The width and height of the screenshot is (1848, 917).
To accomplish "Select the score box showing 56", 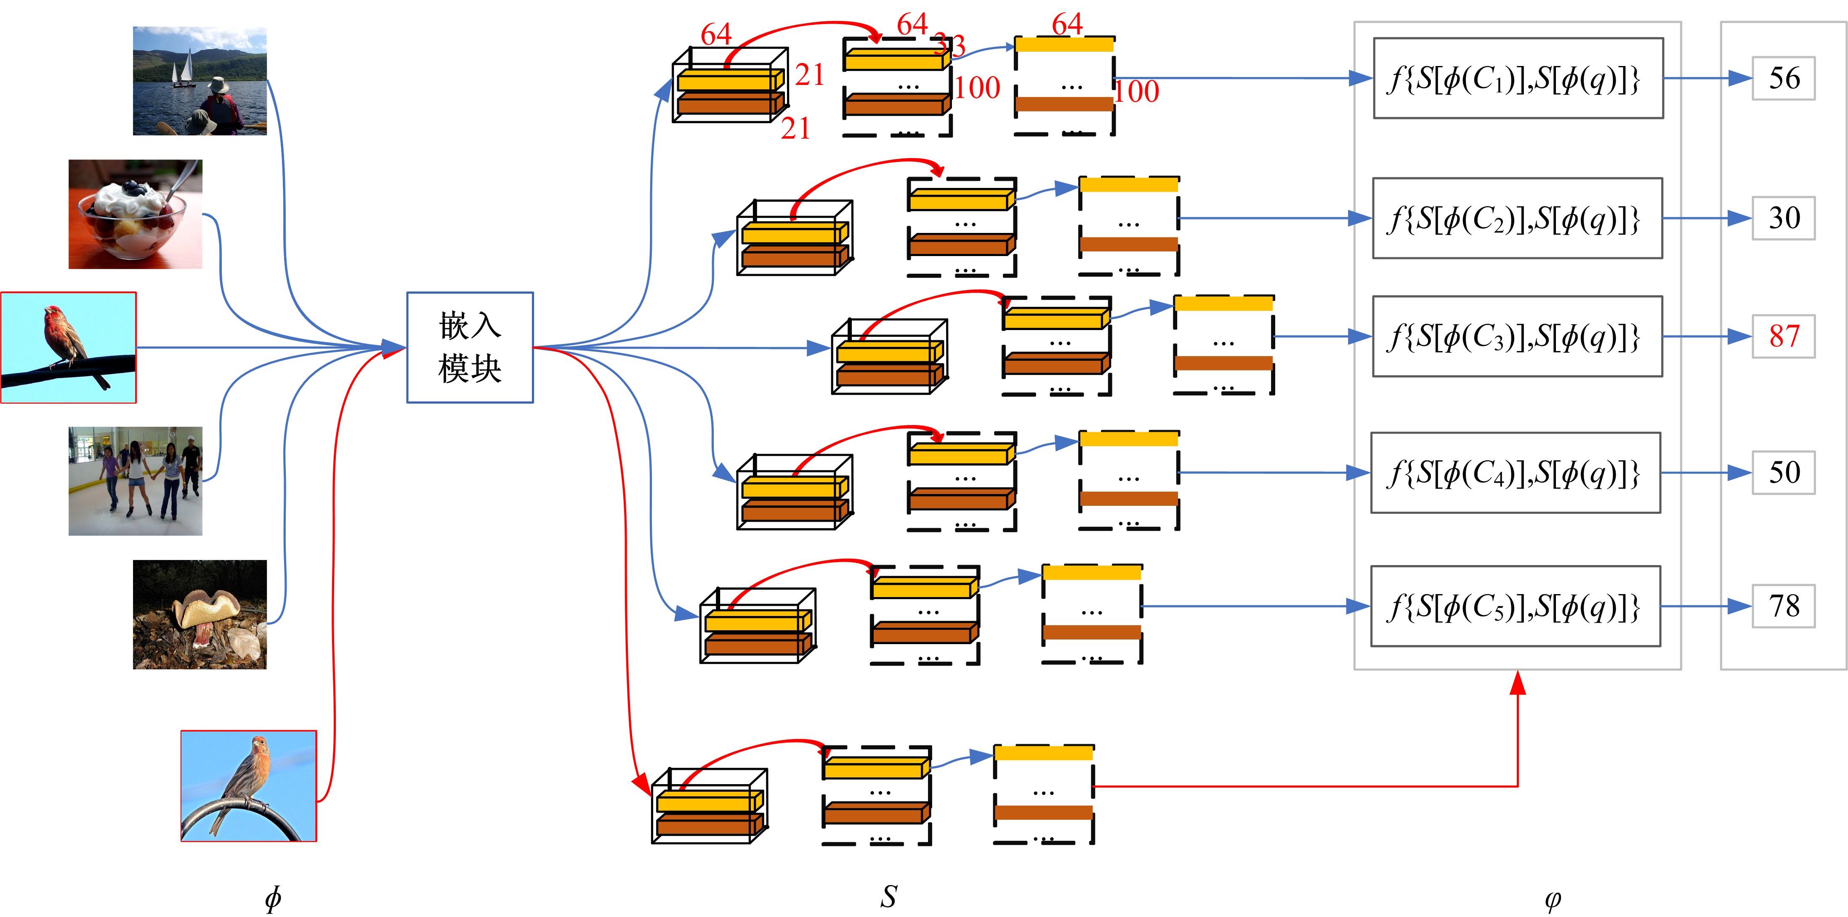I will coord(1784,78).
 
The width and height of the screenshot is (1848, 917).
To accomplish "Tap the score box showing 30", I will coord(1784,218).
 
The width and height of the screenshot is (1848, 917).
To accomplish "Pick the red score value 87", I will coord(1784,336).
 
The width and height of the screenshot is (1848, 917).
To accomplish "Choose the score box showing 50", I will coord(1784,473).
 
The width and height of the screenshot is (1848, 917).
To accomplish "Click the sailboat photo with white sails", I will coord(199,81).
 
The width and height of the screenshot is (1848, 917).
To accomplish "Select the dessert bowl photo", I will coord(135,214).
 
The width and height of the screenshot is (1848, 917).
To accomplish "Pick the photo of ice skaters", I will coord(135,481).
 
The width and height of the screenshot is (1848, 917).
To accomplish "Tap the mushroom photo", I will coord(199,614).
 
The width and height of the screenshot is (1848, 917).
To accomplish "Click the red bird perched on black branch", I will coord(68,347).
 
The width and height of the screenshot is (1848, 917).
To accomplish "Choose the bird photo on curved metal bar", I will coord(248,786).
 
